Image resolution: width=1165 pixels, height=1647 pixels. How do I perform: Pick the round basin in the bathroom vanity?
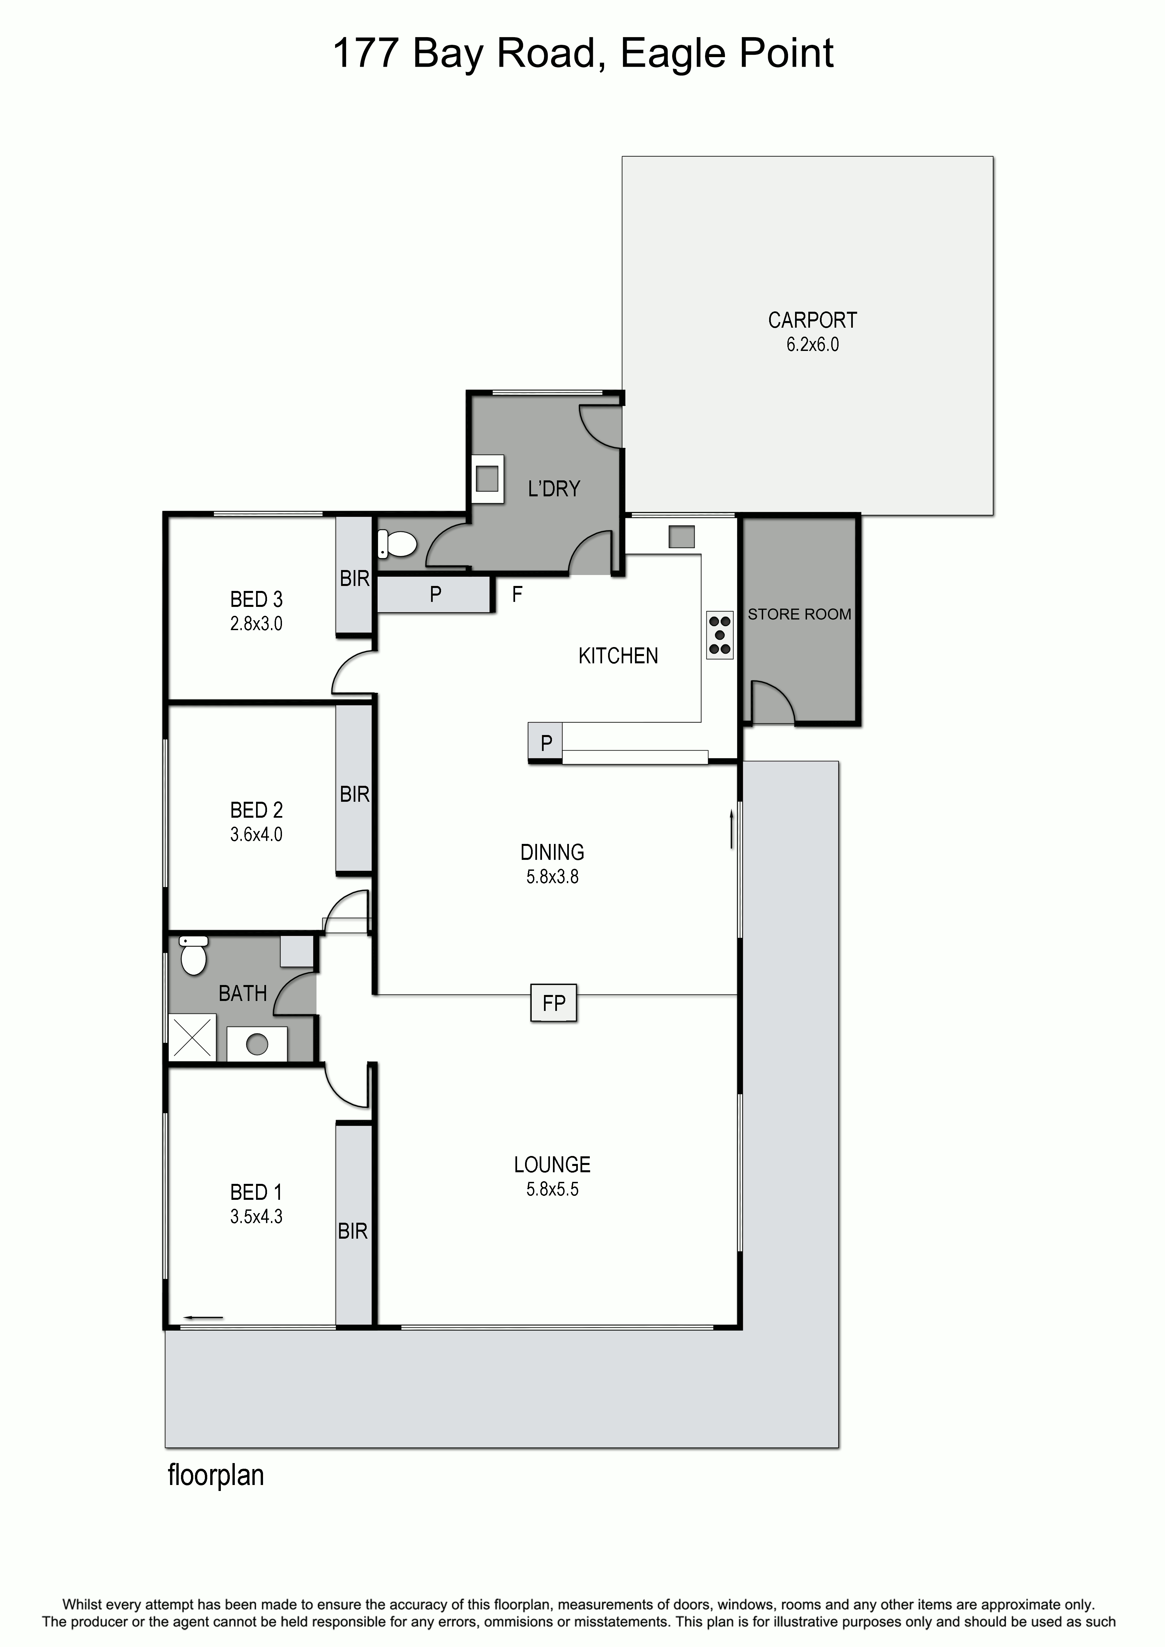click(257, 1044)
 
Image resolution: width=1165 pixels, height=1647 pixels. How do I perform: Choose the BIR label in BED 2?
click(354, 794)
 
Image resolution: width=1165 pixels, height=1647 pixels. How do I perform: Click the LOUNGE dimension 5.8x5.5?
click(552, 1189)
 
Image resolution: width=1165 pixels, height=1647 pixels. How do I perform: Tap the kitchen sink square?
click(681, 536)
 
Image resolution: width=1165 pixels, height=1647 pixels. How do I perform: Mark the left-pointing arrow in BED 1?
click(204, 1318)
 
